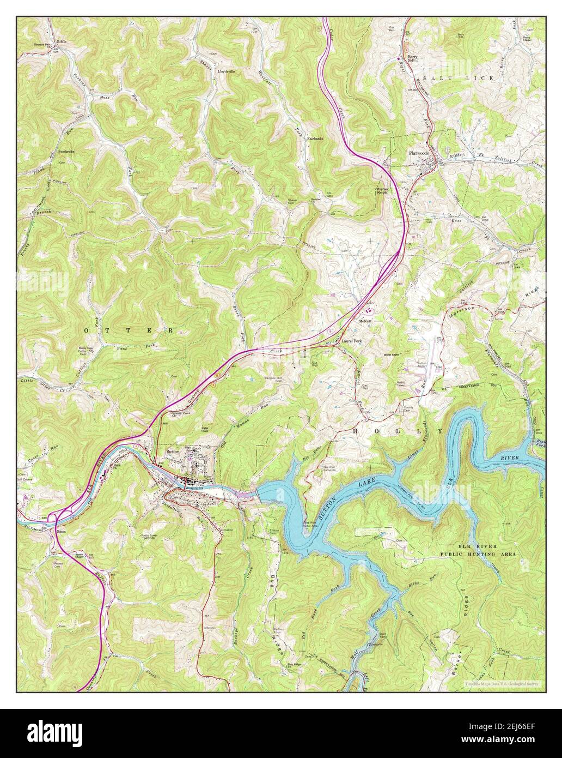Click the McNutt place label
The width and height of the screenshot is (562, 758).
[x=364, y=321]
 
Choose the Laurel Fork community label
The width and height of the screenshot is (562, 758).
[x=351, y=341]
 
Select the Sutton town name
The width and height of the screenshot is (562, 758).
[x=173, y=452]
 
